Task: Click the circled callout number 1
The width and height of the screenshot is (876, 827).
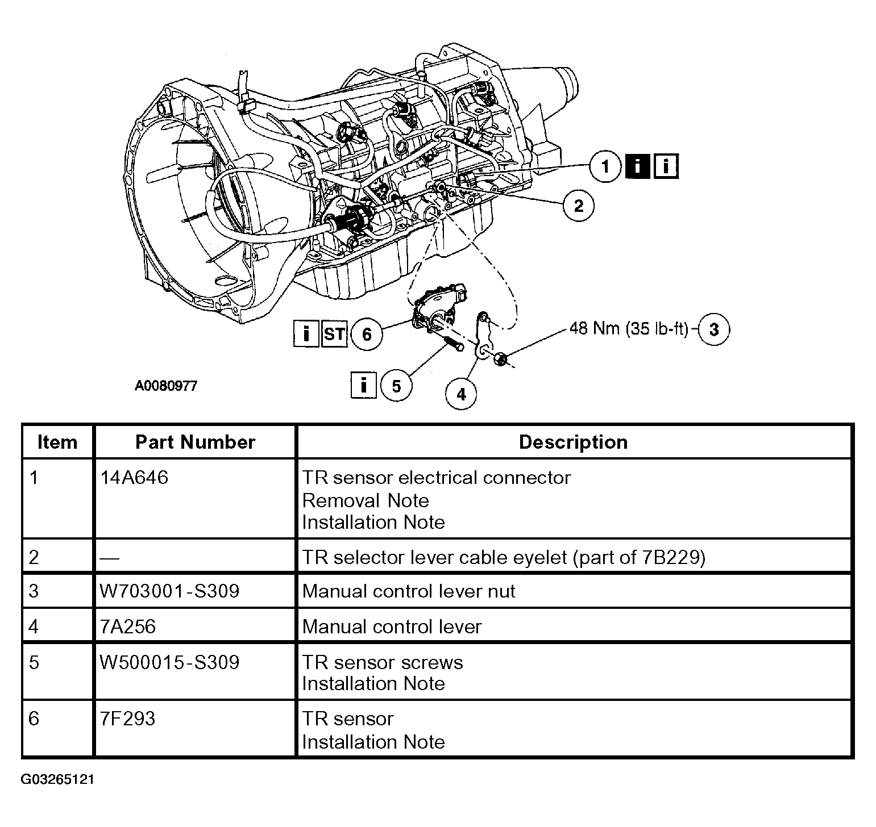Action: pos(605,166)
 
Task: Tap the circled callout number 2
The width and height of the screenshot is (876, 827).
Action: pos(578,205)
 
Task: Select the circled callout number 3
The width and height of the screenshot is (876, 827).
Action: pos(714,329)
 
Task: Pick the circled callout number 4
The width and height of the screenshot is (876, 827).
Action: pos(461,394)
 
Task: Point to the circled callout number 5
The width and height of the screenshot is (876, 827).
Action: pos(396,386)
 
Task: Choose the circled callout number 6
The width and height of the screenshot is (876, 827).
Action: pos(367,333)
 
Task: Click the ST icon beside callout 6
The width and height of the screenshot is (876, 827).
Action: pos(334,333)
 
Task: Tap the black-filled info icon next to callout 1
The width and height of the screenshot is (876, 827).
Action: pos(637,166)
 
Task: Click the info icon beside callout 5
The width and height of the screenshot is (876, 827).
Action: pos(364,386)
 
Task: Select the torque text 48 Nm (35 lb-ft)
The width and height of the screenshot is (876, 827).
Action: pos(629,329)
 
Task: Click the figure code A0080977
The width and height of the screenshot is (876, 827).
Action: pos(166,386)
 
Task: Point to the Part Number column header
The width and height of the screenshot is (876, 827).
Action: pos(195,442)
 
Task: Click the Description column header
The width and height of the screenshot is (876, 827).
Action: pos(574,442)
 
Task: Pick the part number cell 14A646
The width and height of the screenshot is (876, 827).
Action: pos(134,478)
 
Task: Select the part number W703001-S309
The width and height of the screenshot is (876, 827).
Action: pos(169,591)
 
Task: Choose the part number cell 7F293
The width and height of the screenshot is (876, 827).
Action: pos(127,719)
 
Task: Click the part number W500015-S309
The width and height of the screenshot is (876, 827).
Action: pos(169,662)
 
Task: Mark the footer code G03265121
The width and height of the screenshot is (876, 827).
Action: pos(57,779)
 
